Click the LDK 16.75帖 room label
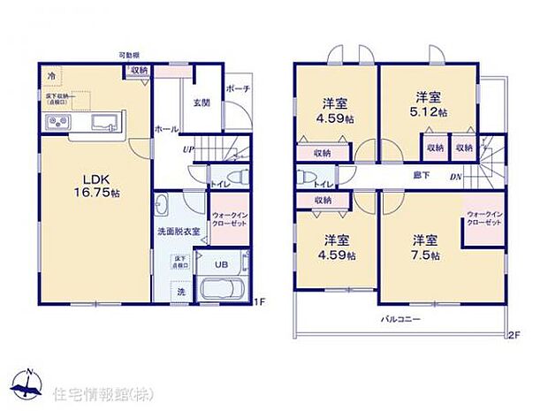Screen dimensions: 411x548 pyautogui.click(x=85, y=181)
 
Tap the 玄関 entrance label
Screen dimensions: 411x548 pyautogui.click(x=201, y=103)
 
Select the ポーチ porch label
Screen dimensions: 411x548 pyautogui.click(x=237, y=89)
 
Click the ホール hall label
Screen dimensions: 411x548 pyautogui.click(x=168, y=129)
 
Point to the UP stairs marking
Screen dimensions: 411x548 pyautogui.click(x=188, y=150)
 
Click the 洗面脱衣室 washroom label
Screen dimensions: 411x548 pyautogui.click(x=179, y=232)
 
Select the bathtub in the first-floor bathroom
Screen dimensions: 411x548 pyautogui.click(x=223, y=290)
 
